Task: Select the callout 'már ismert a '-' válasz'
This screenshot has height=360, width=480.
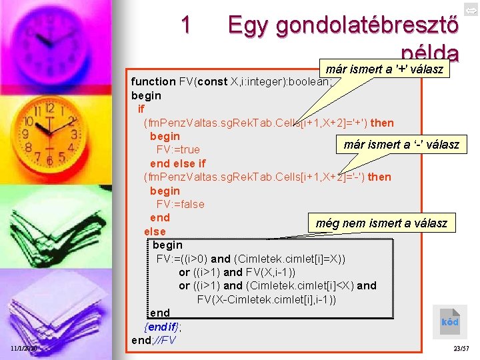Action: (401, 144)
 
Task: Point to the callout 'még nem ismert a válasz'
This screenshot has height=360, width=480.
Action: (381, 223)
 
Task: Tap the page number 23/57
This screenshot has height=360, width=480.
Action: (461, 349)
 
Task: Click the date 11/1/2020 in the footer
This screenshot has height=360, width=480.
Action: (24, 349)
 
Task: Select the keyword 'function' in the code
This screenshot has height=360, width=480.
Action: (153, 82)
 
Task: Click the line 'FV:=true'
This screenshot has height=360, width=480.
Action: (178, 150)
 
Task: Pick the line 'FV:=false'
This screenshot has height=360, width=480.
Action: (180, 204)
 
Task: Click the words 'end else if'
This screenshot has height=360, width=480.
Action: (178, 163)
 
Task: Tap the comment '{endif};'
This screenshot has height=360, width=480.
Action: (163, 327)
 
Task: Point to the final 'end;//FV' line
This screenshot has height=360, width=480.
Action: (154, 340)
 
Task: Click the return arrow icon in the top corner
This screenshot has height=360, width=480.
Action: (470, 9)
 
